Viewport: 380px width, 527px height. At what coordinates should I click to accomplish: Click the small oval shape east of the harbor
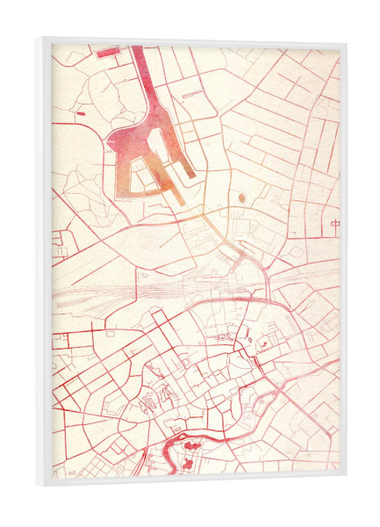click(x=240, y=199)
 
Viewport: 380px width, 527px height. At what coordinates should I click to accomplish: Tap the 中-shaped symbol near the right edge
click(x=336, y=225)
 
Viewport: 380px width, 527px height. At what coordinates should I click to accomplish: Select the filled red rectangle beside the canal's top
click(x=108, y=53)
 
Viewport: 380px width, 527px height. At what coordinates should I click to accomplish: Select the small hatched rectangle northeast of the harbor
click(x=192, y=91)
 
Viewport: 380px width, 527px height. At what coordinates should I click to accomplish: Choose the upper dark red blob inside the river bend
click(x=187, y=447)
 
